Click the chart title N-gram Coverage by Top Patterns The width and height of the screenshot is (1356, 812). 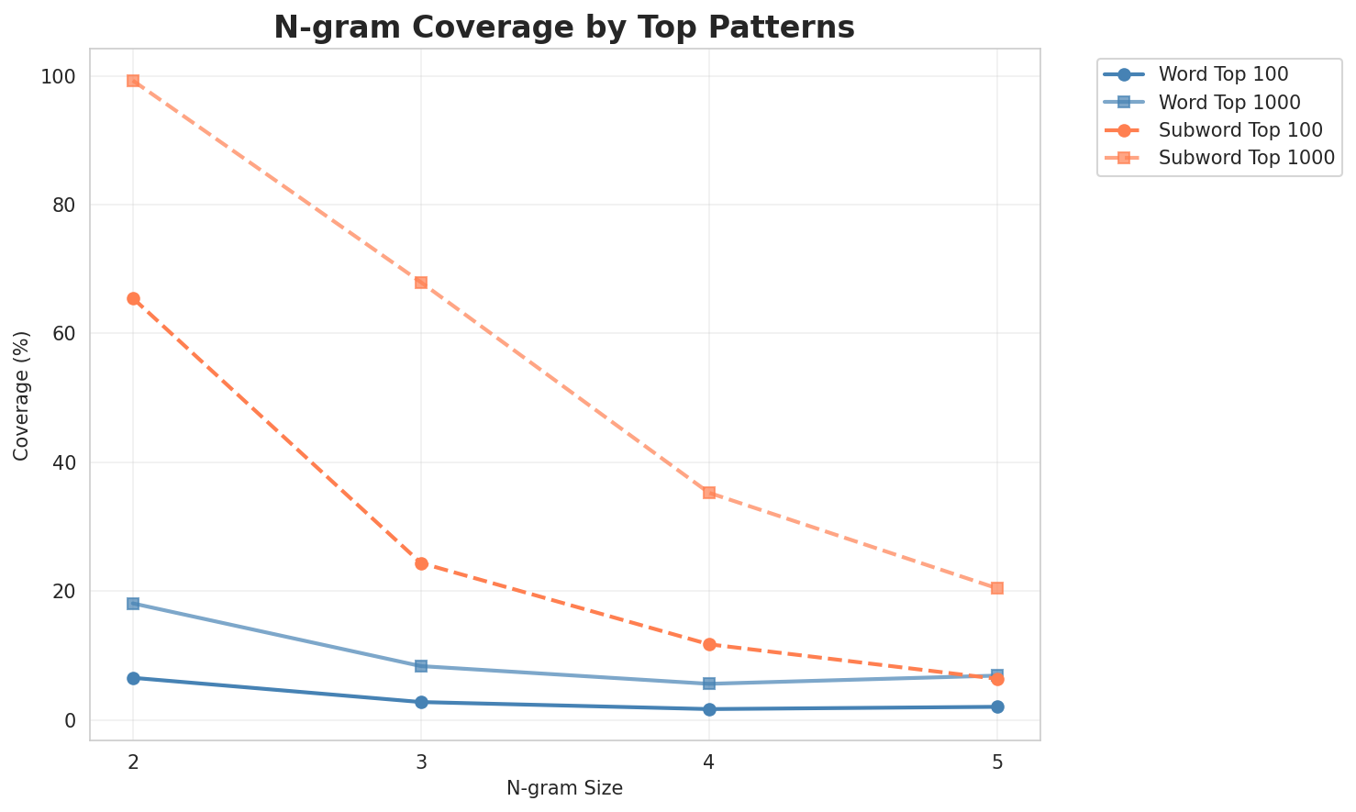[x=564, y=28]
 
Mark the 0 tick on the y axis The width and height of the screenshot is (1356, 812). [x=71, y=720]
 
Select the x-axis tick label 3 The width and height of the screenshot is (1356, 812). [x=421, y=761]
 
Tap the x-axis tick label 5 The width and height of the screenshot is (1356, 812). [x=997, y=761]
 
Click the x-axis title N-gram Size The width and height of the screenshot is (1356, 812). [x=564, y=788]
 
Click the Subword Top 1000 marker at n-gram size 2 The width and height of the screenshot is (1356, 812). [x=133, y=81]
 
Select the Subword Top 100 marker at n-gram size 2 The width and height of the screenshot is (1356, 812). [x=133, y=299]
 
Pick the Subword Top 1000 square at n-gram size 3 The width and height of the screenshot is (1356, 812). [x=421, y=283]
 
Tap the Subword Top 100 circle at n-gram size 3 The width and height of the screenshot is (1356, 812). [x=421, y=563]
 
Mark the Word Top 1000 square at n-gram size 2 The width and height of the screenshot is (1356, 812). [x=133, y=604]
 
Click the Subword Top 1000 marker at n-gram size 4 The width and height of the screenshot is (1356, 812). [x=709, y=493]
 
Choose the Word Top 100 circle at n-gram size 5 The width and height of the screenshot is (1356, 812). [x=997, y=706]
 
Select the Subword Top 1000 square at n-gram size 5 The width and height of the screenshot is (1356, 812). [x=997, y=588]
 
